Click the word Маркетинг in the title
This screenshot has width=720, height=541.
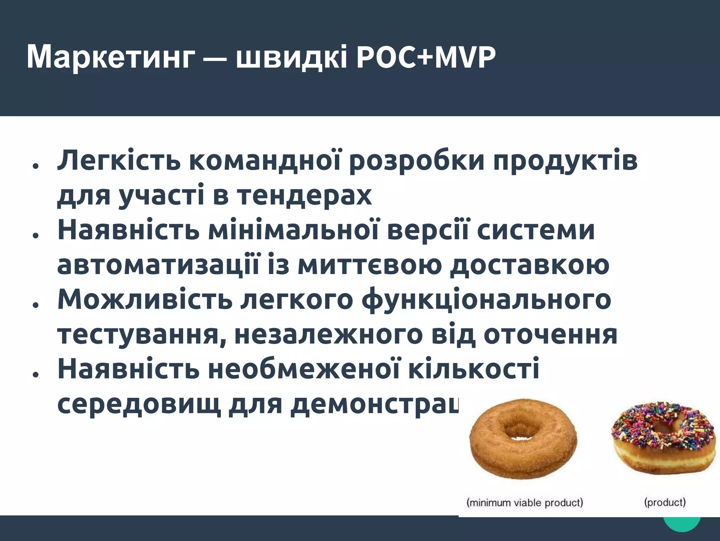110,57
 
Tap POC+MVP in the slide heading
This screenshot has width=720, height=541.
425,57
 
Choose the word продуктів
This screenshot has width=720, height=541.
565,161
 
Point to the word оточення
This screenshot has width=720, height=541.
551,334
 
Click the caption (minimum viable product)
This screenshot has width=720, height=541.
525,502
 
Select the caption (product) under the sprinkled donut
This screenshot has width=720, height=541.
665,502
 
